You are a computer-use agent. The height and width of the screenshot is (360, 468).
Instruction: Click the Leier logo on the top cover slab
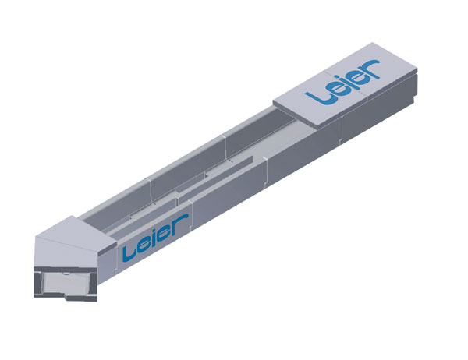pos(343,82)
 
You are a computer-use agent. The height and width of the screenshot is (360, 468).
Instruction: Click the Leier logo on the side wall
pos(155,238)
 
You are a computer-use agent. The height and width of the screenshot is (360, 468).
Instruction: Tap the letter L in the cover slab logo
pos(317,96)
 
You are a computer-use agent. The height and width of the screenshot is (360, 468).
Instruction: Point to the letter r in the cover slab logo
pos(370,69)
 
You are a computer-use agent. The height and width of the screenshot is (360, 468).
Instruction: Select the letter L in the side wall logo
pos(129,254)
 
